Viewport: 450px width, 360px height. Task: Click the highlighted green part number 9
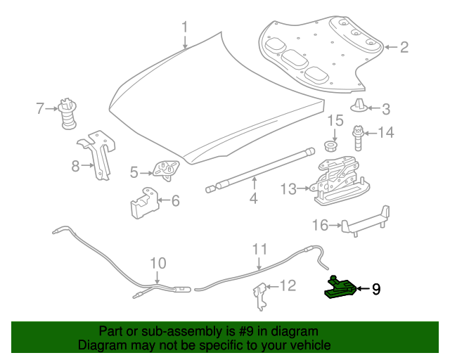(339, 288)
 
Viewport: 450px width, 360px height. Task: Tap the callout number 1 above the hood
(185, 27)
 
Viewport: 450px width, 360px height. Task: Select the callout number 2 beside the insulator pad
(404, 48)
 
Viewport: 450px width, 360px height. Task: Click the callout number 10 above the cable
(158, 264)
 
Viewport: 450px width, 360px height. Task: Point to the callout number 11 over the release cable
(260, 249)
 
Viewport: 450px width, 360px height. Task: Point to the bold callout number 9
(376, 288)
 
